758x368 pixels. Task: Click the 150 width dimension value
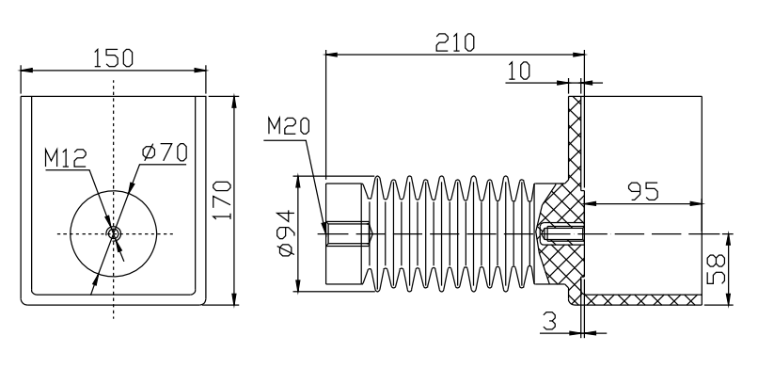tap(113, 58)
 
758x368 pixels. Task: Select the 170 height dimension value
tap(223, 200)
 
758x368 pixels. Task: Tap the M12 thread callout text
tap(65, 159)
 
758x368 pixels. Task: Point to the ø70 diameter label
tap(165, 152)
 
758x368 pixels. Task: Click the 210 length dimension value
tap(455, 42)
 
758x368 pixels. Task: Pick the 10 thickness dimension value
tap(518, 72)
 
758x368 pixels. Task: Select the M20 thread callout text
tap(289, 127)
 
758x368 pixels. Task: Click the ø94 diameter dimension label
tap(286, 234)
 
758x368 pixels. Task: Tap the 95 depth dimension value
tap(643, 191)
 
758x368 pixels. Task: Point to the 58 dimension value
tap(716, 269)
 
